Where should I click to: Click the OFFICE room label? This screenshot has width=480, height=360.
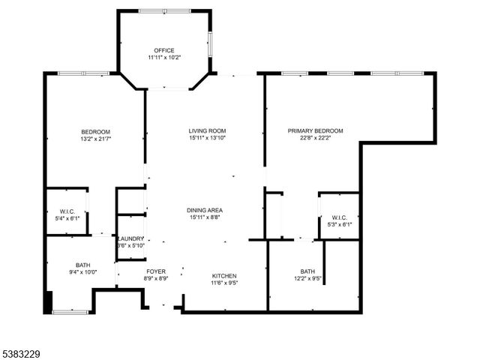click(x=163, y=50)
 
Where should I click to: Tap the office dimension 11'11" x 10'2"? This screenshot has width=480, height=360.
click(x=163, y=58)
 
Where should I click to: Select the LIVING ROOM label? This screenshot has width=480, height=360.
click(x=207, y=130)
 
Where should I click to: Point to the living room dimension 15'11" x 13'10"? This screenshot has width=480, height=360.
click(x=207, y=138)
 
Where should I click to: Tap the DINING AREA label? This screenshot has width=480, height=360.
click(x=205, y=210)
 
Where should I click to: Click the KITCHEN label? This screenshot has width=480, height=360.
click(x=224, y=276)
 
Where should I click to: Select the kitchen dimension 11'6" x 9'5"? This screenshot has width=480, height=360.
click(x=224, y=283)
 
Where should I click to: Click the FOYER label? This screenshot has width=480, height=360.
click(x=156, y=271)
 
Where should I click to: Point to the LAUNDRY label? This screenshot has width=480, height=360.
click(x=130, y=238)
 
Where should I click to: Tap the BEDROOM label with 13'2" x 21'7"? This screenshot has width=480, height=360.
click(x=96, y=131)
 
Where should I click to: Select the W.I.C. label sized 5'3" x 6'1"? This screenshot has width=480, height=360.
click(x=339, y=217)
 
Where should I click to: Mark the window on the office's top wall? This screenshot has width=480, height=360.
click(x=163, y=10)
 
